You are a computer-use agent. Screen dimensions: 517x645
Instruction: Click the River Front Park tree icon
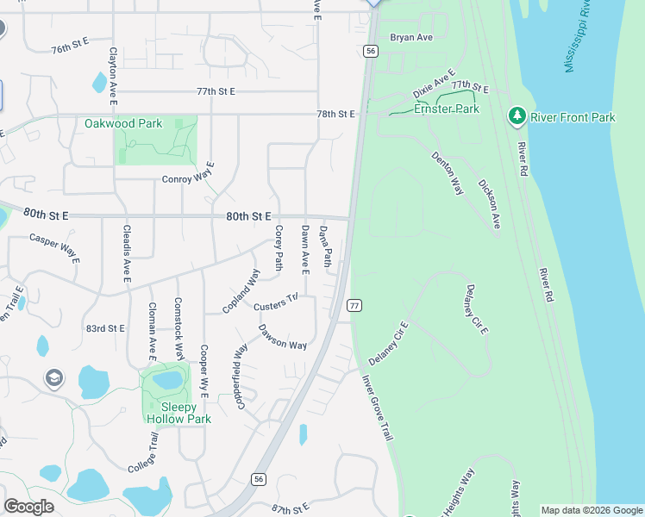[x=517, y=116]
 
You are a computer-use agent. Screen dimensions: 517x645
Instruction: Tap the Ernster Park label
[x=447, y=109]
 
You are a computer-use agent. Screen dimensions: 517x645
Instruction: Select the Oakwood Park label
[x=123, y=123]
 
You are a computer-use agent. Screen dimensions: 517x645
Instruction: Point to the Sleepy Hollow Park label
[x=178, y=413]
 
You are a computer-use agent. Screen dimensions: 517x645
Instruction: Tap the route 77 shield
[x=354, y=305]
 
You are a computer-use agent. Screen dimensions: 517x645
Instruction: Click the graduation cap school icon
[x=53, y=378]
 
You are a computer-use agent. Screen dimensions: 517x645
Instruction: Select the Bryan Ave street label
[x=410, y=38]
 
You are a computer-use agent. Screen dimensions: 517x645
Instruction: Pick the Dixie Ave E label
[x=433, y=84]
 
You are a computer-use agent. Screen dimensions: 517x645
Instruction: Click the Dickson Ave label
[x=489, y=204]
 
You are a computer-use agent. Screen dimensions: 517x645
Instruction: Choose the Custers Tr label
[x=275, y=303]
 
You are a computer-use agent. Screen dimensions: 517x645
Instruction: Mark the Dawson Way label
[x=283, y=339]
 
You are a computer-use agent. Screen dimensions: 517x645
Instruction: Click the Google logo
[x=28, y=507]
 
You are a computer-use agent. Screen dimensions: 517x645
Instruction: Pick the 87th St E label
[x=290, y=510]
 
